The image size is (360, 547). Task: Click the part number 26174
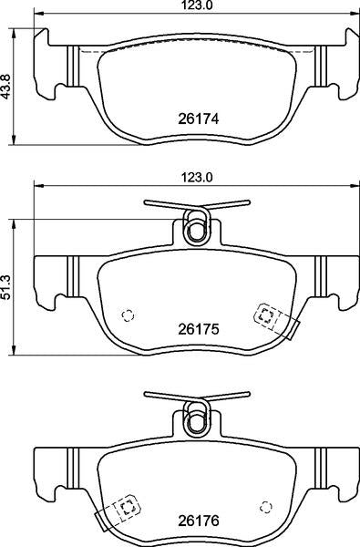click(x=198, y=119)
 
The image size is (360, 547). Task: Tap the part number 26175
click(x=198, y=329)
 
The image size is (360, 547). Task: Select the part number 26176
click(x=198, y=521)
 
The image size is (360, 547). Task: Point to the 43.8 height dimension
click(x=6, y=87)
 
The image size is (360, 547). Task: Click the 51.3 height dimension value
click(x=6, y=287)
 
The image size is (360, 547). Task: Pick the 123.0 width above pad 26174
click(x=197, y=5)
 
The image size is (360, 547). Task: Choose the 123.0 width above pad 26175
click(x=197, y=178)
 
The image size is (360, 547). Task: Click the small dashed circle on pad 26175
click(x=128, y=315)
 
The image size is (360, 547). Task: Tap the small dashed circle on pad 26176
click(x=266, y=507)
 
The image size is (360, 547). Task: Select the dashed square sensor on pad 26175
click(x=267, y=315)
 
